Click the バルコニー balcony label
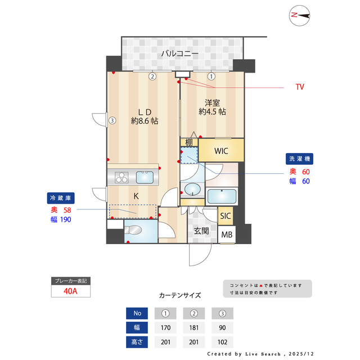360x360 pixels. pyautogui.click(x=179, y=54)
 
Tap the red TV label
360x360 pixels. pyautogui.click(x=300, y=87)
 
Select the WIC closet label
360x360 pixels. pyautogui.click(x=220, y=150)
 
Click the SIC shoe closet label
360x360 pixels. pyautogui.click(x=225, y=216)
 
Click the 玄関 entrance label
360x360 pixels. pyautogui.click(x=201, y=230)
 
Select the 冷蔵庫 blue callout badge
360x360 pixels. pyautogui.click(x=60, y=198)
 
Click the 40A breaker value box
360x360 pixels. pyautogui.click(x=70, y=291)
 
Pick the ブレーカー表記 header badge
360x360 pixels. pyautogui.click(x=70, y=280)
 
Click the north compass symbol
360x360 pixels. pyautogui.click(x=300, y=16)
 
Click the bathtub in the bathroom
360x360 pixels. pyautogui.click(x=221, y=196)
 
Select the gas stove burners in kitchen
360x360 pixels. pyautogui.click(x=122, y=178)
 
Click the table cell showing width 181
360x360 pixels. pyautogui.click(x=193, y=327)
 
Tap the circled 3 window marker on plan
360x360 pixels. pyautogui.click(x=112, y=120)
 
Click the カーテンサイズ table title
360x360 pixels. pyautogui.click(x=179, y=295)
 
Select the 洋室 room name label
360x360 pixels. pyautogui.click(x=212, y=103)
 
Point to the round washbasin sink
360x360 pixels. pyautogui.click(x=192, y=188)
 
